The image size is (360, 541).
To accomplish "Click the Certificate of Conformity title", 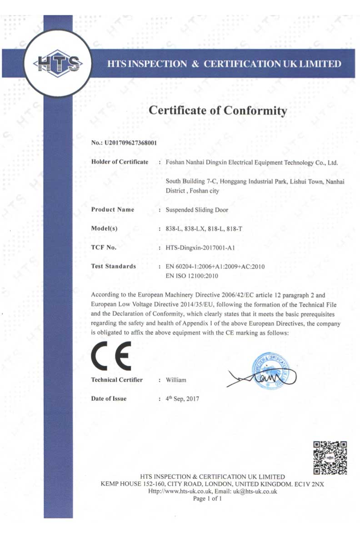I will point(218,110).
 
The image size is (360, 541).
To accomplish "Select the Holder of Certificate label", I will point(120,162).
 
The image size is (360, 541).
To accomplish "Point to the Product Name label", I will point(112,210).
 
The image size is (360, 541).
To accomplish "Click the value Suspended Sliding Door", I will point(197,210).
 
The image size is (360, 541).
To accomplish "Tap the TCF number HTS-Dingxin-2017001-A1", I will point(200,248).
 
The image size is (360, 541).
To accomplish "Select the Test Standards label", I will point(113,267).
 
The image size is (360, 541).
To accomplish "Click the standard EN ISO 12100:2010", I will point(192,276).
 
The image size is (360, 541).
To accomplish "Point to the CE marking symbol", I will point(111,355).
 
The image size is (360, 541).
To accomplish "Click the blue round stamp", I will point(271,370).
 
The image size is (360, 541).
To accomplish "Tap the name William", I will point(176,380).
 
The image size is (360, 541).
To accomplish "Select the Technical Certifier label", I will point(117,380).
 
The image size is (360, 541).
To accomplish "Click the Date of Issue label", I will point(109,399).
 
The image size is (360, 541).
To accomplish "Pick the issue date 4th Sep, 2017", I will point(182,399).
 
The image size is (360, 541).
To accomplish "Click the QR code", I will point(330,457).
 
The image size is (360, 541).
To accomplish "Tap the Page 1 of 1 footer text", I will point(207,499).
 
